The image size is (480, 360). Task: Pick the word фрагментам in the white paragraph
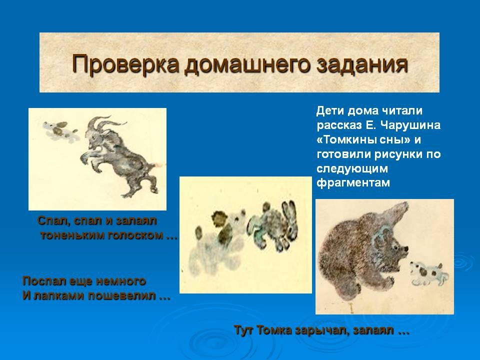[353, 183]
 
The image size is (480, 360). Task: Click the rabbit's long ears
[289, 214]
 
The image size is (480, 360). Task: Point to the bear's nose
[406, 248]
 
